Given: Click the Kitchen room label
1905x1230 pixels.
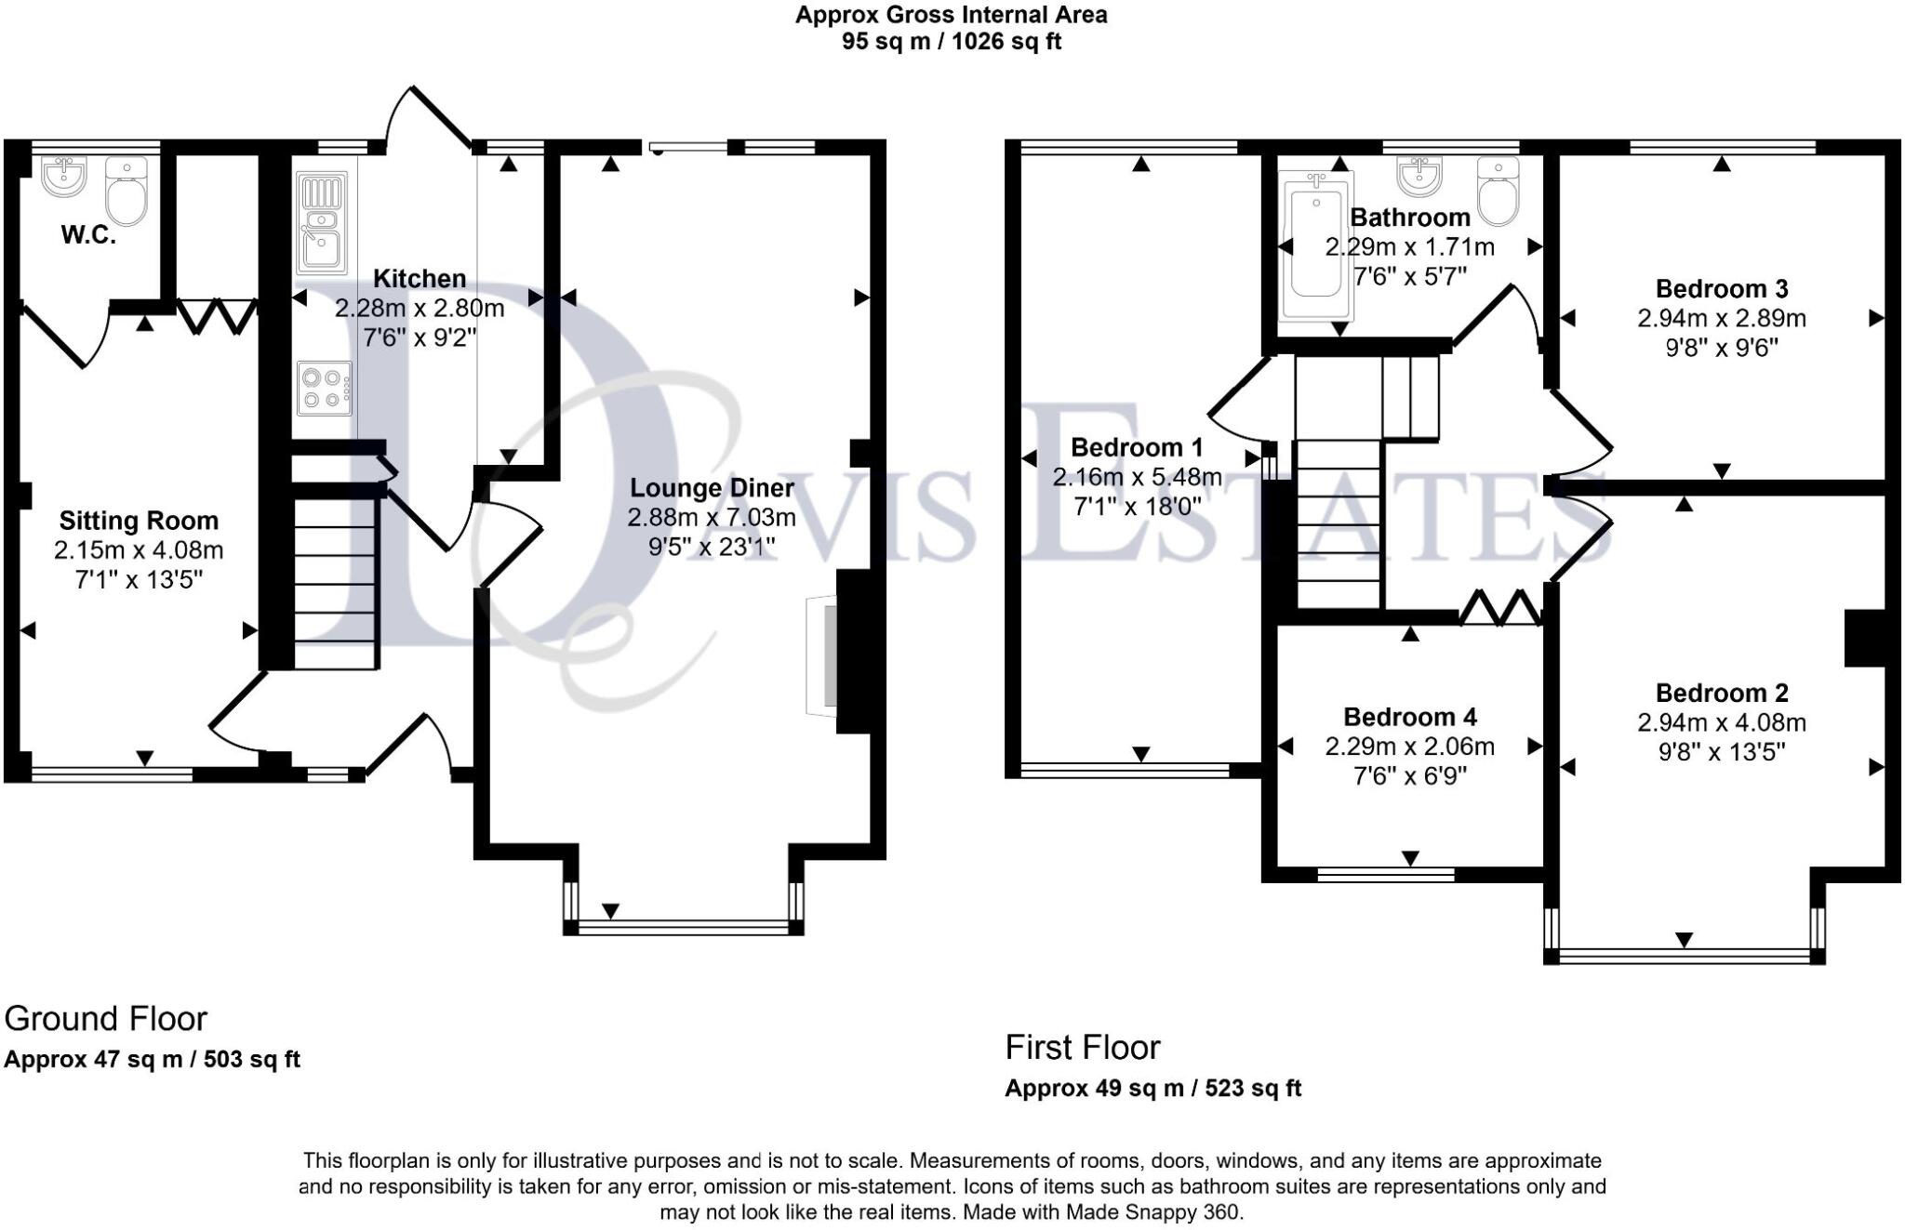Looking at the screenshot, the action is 419,278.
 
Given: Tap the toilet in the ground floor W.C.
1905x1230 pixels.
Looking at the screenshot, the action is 127,192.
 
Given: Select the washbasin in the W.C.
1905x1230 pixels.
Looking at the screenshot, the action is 64,175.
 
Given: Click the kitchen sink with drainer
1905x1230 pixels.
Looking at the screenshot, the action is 321,222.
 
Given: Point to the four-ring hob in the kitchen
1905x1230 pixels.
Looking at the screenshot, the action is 325,388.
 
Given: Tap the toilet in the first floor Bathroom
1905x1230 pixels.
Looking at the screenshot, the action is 1498,192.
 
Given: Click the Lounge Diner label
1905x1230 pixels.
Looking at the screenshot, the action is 712,488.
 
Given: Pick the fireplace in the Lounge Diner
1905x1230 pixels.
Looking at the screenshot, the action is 822,654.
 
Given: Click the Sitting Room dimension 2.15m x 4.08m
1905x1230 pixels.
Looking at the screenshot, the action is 139,550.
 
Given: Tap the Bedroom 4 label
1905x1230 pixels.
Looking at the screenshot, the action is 1409,717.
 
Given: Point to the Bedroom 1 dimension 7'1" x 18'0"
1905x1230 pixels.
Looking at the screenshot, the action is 1137,507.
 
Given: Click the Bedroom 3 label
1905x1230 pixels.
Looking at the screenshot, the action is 1721,288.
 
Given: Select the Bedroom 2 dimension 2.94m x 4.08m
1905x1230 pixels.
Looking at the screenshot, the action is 1721,722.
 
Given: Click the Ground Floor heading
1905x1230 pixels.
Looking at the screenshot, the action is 105,1019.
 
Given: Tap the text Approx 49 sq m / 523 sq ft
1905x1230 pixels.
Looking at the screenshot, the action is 1152,1088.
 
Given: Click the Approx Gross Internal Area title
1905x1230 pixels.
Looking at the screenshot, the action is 951,15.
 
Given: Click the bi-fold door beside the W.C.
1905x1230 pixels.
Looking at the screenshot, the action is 218,315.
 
